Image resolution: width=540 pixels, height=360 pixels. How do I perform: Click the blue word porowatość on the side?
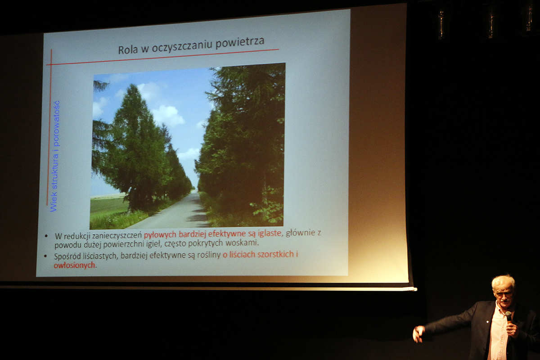(x=56, y=123)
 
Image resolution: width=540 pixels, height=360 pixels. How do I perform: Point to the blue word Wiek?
(x=54, y=202)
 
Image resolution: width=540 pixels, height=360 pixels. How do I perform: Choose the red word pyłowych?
(x=160, y=235)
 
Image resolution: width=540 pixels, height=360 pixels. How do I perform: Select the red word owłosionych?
(x=74, y=265)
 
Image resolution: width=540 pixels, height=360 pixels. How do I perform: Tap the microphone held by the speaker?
(x=508, y=316)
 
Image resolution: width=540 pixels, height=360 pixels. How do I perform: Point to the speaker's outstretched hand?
(x=418, y=333)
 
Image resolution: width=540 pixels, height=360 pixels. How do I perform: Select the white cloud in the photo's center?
(x=168, y=115)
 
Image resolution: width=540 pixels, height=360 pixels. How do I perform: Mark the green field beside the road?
(x=108, y=206)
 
